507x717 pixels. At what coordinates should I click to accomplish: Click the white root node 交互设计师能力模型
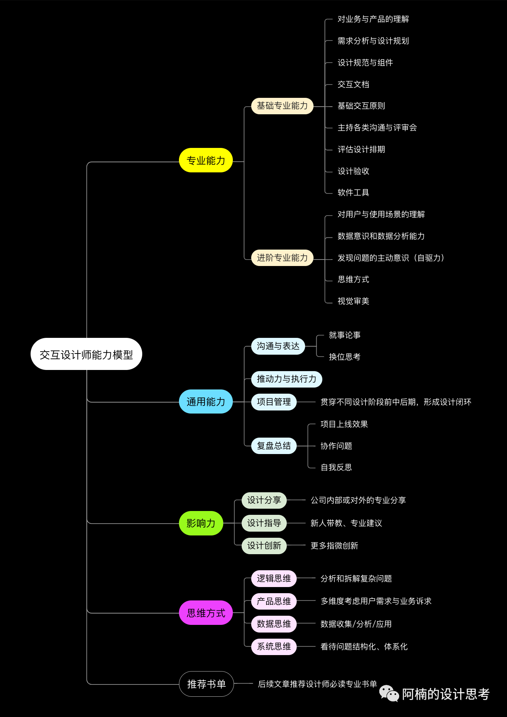tap(86, 354)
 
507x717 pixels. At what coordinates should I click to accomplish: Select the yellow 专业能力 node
tap(206, 161)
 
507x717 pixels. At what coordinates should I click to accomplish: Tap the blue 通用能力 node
tap(206, 402)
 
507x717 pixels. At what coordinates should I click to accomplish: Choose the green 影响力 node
tap(201, 523)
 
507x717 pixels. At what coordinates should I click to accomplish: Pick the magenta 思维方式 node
tap(206, 613)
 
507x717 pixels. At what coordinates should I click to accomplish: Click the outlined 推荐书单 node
tap(206, 684)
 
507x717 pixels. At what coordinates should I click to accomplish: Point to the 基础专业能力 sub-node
tap(282, 106)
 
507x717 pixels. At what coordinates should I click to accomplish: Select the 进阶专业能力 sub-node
tap(282, 258)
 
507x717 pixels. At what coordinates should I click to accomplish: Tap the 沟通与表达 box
tap(278, 346)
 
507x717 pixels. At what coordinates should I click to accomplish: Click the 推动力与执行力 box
tap(286, 379)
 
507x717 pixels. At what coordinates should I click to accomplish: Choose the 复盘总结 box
tap(274, 446)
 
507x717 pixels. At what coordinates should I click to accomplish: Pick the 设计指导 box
tap(264, 523)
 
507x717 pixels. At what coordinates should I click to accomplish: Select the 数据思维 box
tap(274, 624)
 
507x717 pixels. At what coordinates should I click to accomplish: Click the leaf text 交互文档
tap(353, 84)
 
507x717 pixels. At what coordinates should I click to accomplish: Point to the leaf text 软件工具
tap(353, 193)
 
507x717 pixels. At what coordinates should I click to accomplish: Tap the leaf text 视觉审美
tap(353, 301)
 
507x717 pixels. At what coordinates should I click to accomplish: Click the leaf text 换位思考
tap(344, 357)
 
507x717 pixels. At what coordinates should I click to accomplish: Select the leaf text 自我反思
tap(336, 467)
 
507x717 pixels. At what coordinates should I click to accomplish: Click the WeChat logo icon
tap(389, 693)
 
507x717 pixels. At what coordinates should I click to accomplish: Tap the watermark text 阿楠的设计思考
tap(445, 694)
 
